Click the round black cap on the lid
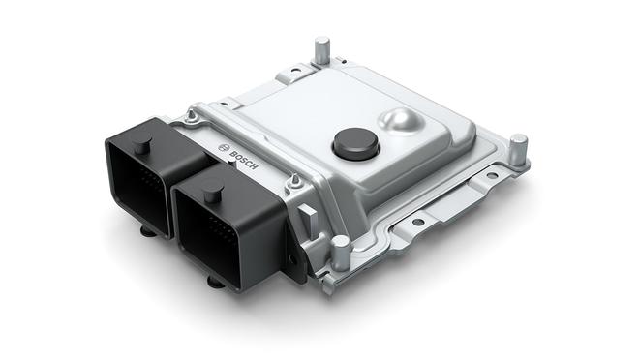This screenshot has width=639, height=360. [352, 145]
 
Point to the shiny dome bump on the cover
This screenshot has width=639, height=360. [402, 121]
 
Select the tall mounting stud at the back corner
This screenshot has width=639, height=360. [321, 50]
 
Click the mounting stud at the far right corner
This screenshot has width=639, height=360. [519, 148]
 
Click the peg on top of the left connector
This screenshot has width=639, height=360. [141, 146]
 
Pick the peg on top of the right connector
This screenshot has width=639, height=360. [213, 193]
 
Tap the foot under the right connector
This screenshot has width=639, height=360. [216, 282]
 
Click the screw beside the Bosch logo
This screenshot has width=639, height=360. [194, 120]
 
